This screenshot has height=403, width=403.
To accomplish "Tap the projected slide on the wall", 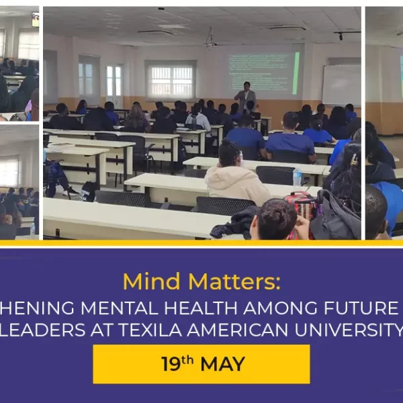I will point(263,73).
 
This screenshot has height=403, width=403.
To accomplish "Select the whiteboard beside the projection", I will point(341,85).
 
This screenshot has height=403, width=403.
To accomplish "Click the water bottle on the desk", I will point(297,177).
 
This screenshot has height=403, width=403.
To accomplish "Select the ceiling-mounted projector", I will point(211,42).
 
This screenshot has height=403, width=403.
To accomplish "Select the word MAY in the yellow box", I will point(222,365).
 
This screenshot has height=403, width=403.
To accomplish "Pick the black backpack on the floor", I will point(89,191).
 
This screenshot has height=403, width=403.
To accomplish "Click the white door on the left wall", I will point(114,85).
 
